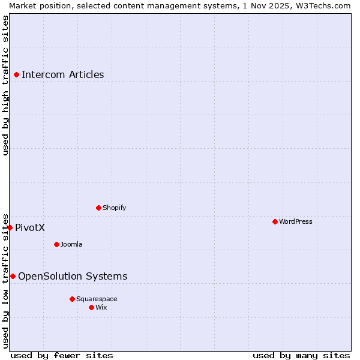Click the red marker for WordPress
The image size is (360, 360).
[275, 221]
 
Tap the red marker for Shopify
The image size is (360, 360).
[98, 208]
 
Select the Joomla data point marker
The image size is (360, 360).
[56, 244]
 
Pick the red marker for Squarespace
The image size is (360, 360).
[72, 299]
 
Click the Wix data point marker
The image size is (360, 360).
[91, 307]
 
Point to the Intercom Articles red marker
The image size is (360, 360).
[16, 74]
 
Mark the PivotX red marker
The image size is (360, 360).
[10, 227]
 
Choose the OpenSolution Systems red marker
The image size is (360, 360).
[13, 276]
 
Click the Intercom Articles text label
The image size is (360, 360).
[62, 75]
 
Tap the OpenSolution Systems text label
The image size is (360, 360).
[73, 277]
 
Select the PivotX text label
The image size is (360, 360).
[30, 228]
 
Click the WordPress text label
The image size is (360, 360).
[296, 222]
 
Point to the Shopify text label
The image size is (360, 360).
[114, 208]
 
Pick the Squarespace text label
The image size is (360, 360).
[97, 299]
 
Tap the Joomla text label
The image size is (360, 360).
[71, 245]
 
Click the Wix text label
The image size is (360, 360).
[101, 308]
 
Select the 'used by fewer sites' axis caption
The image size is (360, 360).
[62, 355]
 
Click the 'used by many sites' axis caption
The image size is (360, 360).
[301, 355]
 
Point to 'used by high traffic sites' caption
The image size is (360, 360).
[5, 85]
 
